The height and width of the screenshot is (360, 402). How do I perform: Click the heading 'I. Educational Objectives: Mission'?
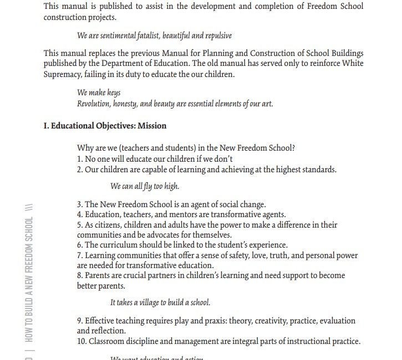pyautogui.click(x=105, y=126)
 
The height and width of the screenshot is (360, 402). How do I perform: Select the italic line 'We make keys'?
pyautogui.click(x=99, y=92)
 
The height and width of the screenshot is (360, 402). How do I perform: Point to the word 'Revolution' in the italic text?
pyautogui.click(x=94, y=104)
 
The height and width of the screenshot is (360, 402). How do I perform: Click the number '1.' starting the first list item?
pyautogui.click(x=80, y=159)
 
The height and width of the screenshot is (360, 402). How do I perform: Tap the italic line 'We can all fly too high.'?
pyautogui.click(x=145, y=186)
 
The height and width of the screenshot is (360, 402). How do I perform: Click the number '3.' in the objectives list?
pyautogui.click(x=80, y=204)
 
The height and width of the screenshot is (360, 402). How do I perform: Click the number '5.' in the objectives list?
pyautogui.click(x=80, y=225)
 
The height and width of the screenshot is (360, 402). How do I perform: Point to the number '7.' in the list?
pyautogui.click(x=80, y=255)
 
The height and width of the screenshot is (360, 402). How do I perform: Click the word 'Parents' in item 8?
pyautogui.click(x=98, y=275)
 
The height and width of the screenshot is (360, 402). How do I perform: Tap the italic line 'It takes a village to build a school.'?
pyautogui.click(x=160, y=302)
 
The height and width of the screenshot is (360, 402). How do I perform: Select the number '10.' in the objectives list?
pyautogui.click(x=82, y=341)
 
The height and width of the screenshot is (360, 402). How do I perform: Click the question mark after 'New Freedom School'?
pyautogui.click(x=293, y=148)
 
